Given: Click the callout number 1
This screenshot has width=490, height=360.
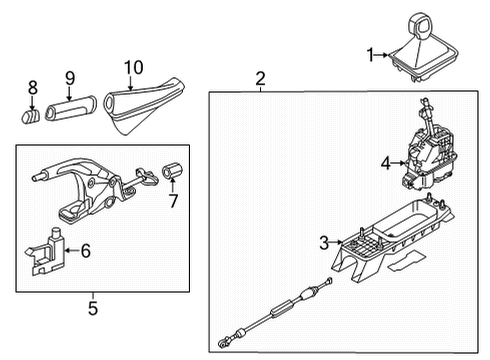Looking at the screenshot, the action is click(x=370, y=55).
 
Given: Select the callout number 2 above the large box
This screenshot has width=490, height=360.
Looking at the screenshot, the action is click(x=260, y=78).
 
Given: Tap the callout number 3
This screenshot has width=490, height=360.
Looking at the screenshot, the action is click(x=324, y=243).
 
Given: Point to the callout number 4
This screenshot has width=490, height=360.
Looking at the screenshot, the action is click(x=386, y=163).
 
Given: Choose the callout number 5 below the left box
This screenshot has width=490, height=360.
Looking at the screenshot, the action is click(x=93, y=308).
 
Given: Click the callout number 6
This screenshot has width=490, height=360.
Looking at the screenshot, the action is click(x=86, y=251).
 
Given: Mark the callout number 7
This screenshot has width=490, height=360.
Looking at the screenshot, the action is click(x=173, y=201).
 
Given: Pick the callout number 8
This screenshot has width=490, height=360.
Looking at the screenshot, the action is click(x=32, y=88).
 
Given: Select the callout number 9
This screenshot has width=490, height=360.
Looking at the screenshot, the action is click(x=70, y=78).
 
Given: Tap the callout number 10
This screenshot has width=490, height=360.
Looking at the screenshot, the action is click(x=134, y=68).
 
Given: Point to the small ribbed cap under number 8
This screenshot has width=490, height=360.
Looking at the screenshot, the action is click(x=30, y=116).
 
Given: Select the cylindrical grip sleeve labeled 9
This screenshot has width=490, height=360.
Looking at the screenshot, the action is click(x=71, y=108).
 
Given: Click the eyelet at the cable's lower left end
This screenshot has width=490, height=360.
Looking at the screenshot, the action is click(x=221, y=343).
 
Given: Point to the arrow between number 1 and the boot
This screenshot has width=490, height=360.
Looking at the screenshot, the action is click(x=382, y=55).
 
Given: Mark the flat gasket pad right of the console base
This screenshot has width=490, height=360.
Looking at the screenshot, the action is click(x=407, y=260).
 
